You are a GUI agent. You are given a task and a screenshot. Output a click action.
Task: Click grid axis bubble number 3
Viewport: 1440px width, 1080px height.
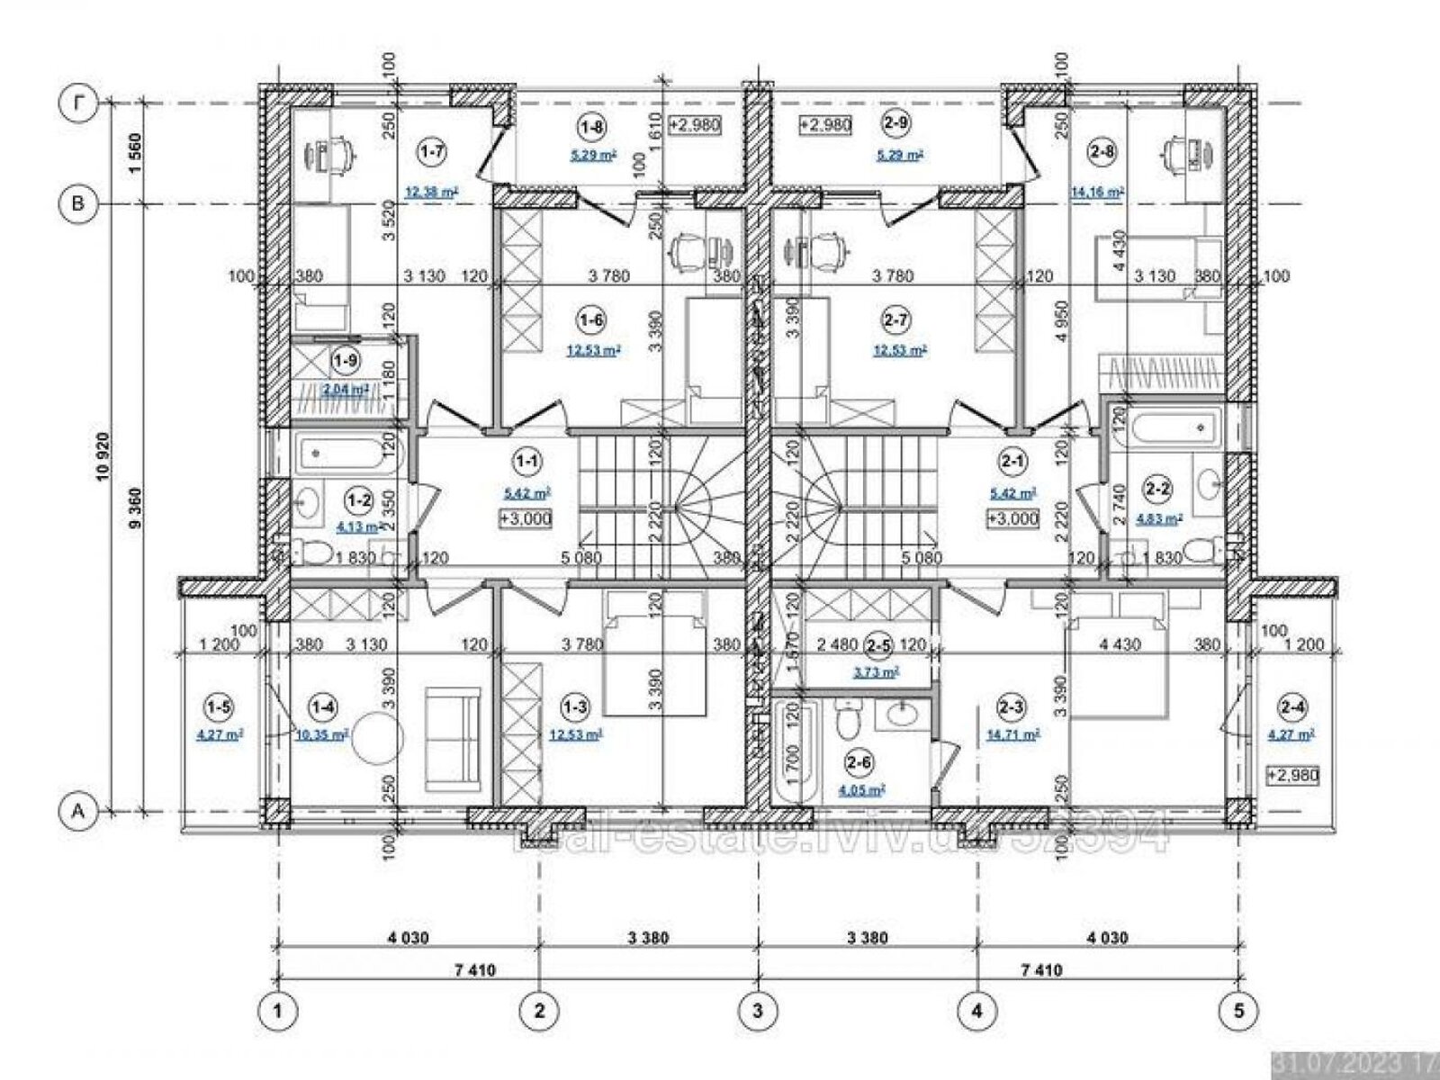(x=757, y=1011)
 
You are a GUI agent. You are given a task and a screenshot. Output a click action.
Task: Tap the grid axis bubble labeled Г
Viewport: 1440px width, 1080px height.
(x=78, y=103)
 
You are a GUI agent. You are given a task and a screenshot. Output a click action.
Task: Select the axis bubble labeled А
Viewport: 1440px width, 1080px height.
(x=78, y=811)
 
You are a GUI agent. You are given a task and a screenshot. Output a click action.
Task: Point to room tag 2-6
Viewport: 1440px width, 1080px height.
(x=858, y=763)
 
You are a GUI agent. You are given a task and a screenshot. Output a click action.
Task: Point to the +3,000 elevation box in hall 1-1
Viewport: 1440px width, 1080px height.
(x=525, y=518)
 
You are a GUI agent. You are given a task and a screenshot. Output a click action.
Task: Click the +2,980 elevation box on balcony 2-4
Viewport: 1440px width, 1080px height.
(x=1292, y=776)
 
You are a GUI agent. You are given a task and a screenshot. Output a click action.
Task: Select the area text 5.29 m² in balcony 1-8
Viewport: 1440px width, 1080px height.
(x=593, y=155)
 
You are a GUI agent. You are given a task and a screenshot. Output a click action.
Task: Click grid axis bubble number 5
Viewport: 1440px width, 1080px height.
(x=1238, y=1011)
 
